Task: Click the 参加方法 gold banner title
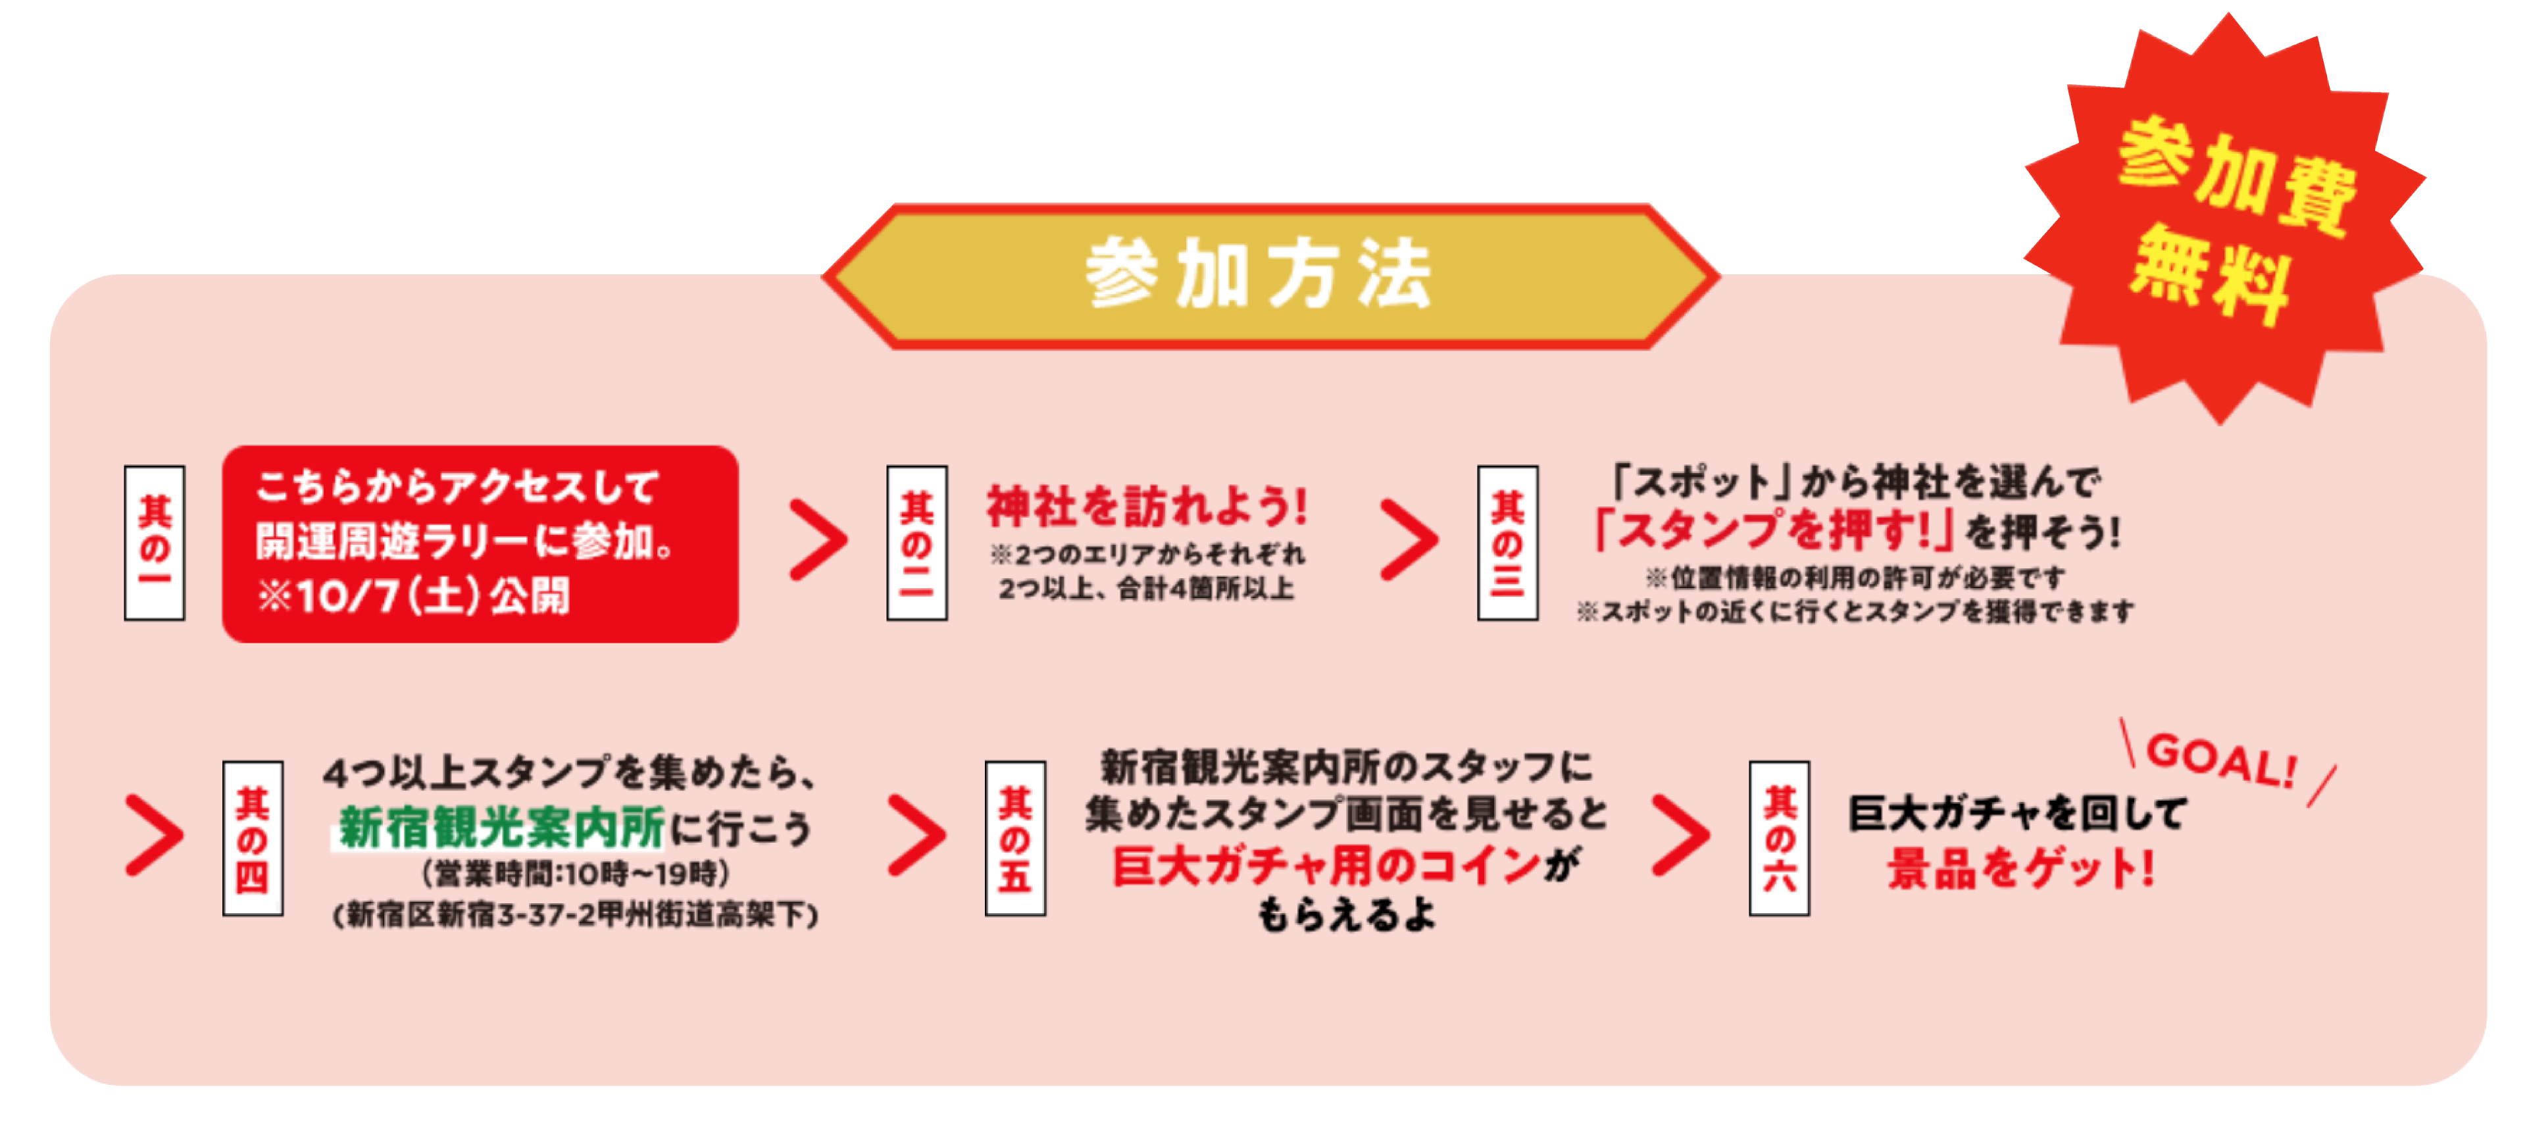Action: [x=1260, y=276]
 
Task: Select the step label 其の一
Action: [x=154, y=542]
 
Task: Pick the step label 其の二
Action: [x=916, y=542]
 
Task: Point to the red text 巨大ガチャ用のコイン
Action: [x=1326, y=866]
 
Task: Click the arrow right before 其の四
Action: [x=154, y=836]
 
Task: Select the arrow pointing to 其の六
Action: [x=1680, y=836]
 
